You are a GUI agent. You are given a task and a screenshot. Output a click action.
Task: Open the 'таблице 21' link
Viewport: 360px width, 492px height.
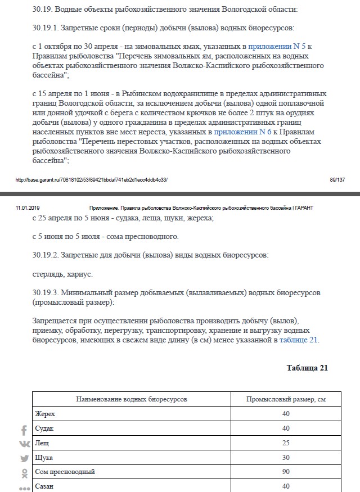pyautogui.click(x=299, y=340)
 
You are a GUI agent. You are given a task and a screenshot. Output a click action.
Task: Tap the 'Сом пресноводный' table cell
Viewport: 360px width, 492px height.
pyautogui.click(x=65, y=471)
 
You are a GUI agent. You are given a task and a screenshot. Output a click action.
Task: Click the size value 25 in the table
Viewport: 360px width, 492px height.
pyautogui.click(x=286, y=443)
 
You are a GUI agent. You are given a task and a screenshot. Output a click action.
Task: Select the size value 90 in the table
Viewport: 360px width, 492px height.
pyautogui.click(x=286, y=471)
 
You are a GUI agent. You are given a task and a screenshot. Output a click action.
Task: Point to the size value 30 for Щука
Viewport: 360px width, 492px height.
pyautogui.click(x=286, y=457)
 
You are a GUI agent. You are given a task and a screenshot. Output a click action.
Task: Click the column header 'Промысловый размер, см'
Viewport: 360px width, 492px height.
pyautogui.click(x=286, y=399)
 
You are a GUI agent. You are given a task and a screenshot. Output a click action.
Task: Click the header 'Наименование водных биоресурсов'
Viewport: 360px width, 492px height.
pyautogui.click(x=131, y=399)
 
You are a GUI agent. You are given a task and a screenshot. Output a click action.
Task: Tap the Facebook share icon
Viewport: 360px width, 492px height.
pyautogui.click(x=24, y=431)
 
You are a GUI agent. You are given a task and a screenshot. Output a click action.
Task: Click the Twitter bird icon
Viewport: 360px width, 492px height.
pyautogui.click(x=24, y=458)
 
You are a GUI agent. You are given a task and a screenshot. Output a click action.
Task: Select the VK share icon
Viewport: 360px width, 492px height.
pyautogui.click(x=24, y=444)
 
